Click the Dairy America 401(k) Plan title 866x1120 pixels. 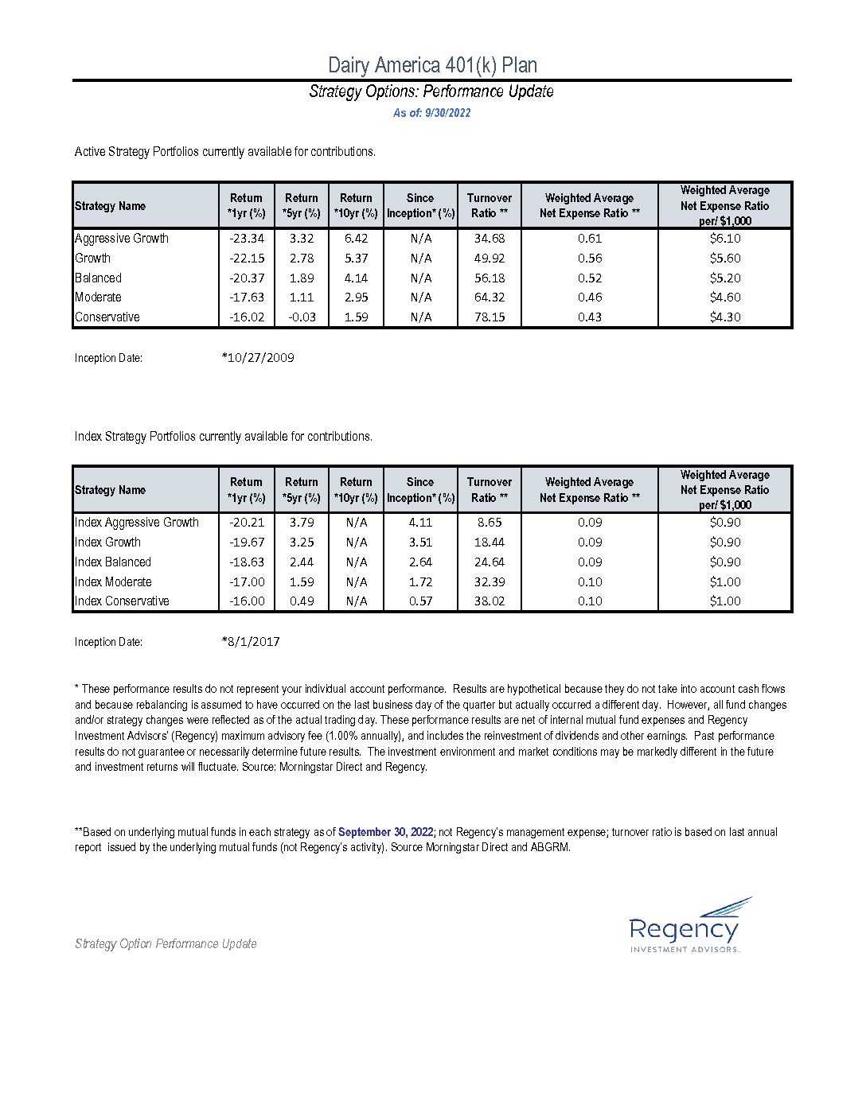(432, 65)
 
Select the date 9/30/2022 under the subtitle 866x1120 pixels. (448, 113)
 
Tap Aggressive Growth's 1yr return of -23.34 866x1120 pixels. (247, 238)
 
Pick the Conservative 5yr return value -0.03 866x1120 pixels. (302, 317)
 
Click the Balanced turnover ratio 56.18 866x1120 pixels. (490, 278)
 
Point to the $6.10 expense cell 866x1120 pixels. (725, 238)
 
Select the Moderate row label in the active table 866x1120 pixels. (98, 297)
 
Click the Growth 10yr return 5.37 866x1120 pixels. (356, 258)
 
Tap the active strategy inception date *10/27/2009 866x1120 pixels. (258, 358)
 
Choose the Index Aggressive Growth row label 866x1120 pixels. (137, 522)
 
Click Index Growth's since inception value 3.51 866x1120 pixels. (420, 542)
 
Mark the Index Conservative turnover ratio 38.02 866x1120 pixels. (490, 601)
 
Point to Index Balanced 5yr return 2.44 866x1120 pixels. (302, 562)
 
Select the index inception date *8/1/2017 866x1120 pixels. (251, 642)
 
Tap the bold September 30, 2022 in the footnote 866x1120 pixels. (385, 832)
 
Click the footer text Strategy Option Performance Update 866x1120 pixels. (166, 944)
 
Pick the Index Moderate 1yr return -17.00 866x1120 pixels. (247, 581)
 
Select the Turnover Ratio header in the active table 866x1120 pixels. (490, 205)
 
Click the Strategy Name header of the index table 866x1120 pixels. (110, 490)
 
